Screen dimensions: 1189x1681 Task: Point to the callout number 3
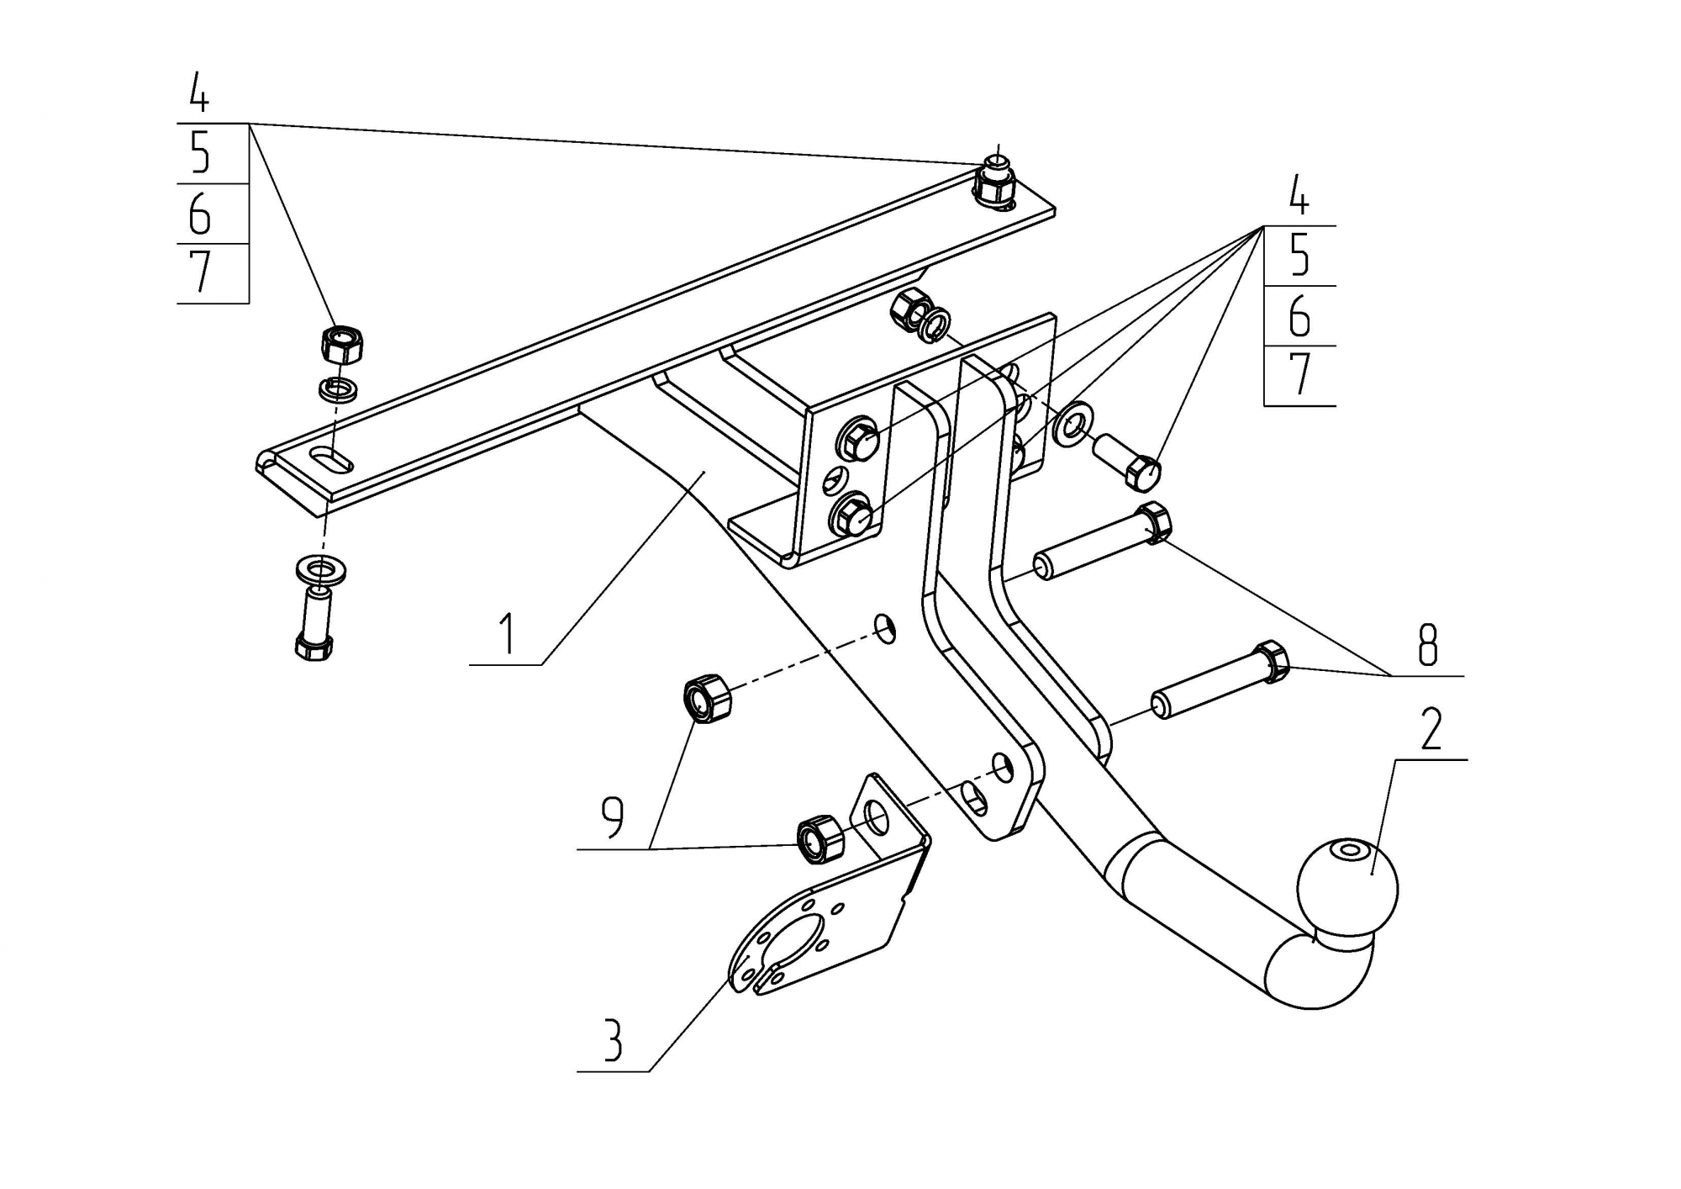[613, 1040]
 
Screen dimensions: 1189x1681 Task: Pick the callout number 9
[613, 816]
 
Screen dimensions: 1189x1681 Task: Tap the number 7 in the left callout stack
[200, 272]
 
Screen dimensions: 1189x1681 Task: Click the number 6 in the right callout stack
[1299, 316]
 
